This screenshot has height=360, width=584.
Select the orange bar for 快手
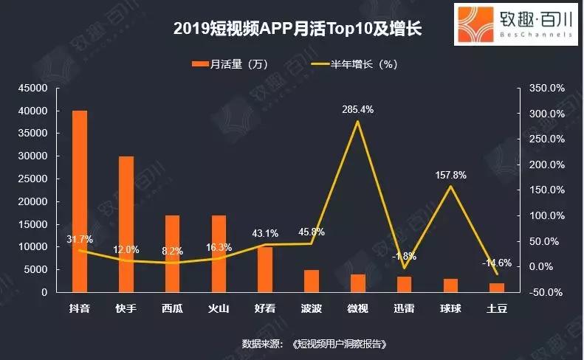(x=126, y=224)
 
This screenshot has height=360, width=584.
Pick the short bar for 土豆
(x=496, y=288)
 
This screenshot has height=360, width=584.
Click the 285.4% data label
(x=357, y=110)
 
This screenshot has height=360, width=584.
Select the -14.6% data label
(x=496, y=263)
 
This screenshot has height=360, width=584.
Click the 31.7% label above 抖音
(x=78, y=239)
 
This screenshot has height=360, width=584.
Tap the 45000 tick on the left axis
(x=33, y=89)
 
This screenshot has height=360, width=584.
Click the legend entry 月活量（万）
(x=229, y=64)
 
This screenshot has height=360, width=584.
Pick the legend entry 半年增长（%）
(x=360, y=64)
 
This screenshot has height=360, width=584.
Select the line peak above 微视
(x=358, y=121)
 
